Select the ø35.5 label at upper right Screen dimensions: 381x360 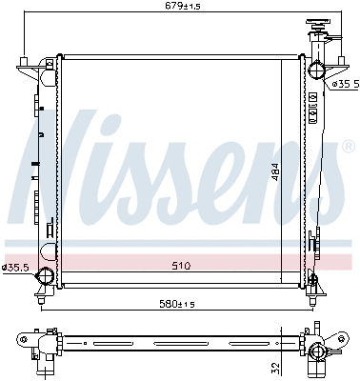pos(345,84)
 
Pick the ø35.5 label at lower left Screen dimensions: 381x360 pos(16,268)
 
